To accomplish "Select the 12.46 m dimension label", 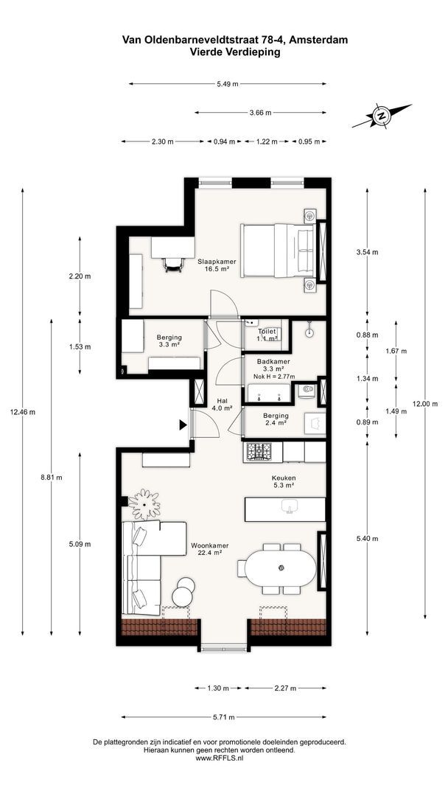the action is [22, 412].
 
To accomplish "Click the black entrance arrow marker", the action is [183, 425].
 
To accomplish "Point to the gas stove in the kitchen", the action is [259, 452].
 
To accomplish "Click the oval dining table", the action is [280, 567].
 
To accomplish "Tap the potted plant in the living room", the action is [144, 503].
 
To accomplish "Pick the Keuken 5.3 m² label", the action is [284, 481].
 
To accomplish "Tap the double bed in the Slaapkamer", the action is [279, 251].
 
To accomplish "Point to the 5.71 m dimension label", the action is [224, 717].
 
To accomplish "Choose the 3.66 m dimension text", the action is [260, 113].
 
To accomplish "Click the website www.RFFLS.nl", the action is [220, 758].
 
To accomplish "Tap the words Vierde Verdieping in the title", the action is [235, 52].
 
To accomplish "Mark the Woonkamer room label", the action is [209, 545].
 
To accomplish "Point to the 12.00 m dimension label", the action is [424, 404].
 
